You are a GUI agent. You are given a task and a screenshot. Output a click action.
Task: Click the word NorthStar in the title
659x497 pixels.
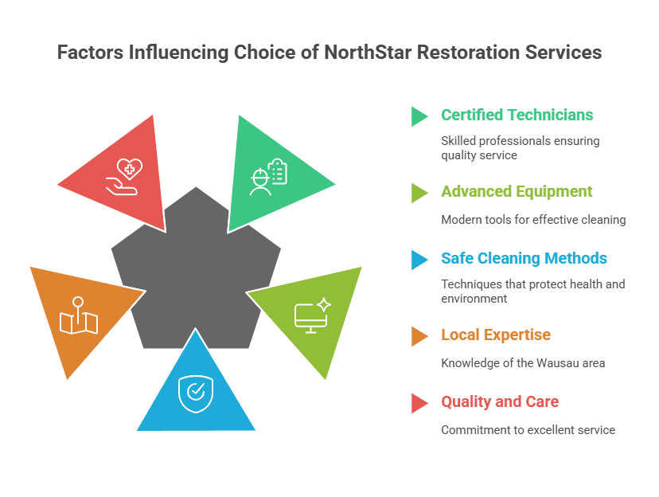[x=368, y=53]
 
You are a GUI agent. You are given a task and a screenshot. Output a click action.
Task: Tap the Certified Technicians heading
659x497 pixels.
[x=517, y=115]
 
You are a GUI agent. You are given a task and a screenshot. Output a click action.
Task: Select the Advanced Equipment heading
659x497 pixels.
[x=517, y=192]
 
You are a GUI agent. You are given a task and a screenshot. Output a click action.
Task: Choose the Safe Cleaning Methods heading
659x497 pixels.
[x=524, y=258]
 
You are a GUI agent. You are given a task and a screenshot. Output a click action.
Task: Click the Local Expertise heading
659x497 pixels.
[x=496, y=335]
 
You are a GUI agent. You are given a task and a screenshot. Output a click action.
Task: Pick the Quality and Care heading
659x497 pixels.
[x=500, y=402]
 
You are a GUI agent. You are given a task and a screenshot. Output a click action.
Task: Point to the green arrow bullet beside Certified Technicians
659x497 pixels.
[x=419, y=116]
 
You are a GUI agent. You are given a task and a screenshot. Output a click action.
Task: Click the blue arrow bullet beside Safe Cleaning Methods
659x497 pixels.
[x=419, y=260]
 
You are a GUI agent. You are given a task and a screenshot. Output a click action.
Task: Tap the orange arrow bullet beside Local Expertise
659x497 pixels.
[x=419, y=336]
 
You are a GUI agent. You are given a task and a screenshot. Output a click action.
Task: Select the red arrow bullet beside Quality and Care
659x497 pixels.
[x=419, y=403]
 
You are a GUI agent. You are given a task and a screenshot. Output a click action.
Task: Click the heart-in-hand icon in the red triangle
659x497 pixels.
[x=124, y=177]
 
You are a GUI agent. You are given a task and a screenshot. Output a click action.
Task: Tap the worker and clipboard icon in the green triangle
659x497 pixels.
[x=268, y=177]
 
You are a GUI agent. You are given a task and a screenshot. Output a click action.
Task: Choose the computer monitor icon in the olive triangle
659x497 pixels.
[x=313, y=315]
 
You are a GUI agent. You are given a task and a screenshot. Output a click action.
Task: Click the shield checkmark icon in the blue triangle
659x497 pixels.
[x=196, y=393]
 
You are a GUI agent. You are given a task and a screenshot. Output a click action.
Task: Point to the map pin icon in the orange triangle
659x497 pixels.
[x=79, y=315]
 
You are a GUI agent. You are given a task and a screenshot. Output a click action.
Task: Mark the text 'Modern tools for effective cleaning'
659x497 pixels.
[x=533, y=220]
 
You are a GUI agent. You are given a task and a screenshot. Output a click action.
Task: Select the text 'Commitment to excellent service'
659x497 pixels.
[x=528, y=430]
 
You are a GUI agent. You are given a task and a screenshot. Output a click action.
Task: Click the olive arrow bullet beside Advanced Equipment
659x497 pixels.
[x=419, y=193]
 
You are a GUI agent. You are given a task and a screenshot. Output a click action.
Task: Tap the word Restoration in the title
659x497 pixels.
[x=468, y=53]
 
